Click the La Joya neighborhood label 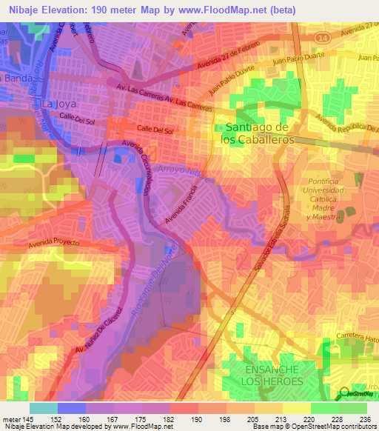click(x=58, y=104)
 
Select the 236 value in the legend click(x=363, y=419)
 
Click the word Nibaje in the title click(x=20, y=10)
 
